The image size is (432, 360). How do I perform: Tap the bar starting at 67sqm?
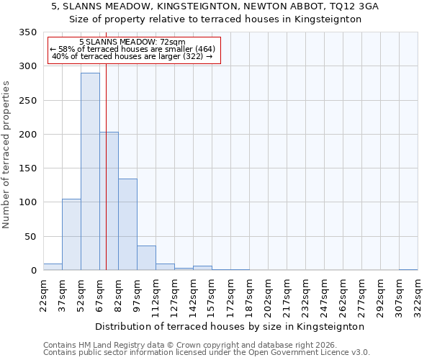tap(109, 202)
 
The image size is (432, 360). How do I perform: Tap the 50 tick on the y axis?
tap(30, 237)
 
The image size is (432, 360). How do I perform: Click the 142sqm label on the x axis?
tap(193, 295)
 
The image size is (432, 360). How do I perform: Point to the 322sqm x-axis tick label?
tap(418, 295)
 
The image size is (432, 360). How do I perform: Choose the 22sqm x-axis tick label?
tap(43, 295)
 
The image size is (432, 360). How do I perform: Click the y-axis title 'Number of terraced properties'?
tap(6, 154)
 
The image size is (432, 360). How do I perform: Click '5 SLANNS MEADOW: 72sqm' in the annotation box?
tap(132, 42)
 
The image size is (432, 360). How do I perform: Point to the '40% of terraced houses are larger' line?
tap(132, 56)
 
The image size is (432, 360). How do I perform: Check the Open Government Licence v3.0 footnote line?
tap(207, 353)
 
